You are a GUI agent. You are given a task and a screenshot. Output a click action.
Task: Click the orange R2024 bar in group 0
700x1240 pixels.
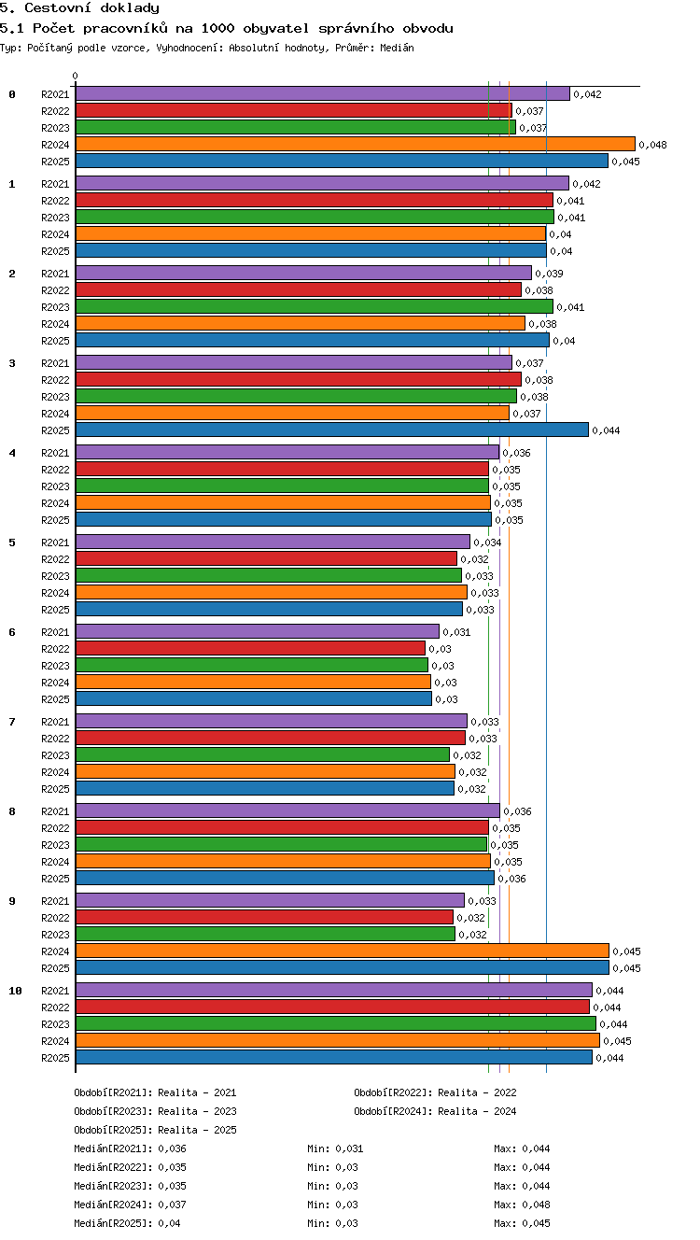[356, 145]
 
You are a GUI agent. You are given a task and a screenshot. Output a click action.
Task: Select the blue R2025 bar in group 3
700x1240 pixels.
[332, 430]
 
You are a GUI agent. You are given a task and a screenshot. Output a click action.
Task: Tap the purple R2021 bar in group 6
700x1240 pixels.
[258, 631]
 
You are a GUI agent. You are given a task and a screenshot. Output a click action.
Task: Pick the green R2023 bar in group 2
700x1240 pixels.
[315, 306]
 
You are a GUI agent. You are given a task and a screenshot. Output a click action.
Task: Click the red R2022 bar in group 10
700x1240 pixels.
[332, 1007]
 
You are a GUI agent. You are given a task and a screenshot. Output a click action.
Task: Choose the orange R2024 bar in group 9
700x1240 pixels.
[343, 951]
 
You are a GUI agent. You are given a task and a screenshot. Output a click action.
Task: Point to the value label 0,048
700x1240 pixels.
[653, 145]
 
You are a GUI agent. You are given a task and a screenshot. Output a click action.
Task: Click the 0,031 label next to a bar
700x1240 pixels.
[456, 632]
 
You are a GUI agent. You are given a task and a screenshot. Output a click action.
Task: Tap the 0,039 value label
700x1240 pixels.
[549, 274]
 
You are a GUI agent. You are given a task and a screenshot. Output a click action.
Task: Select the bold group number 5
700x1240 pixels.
[12, 542]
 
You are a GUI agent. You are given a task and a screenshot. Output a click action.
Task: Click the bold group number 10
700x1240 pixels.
[15, 991]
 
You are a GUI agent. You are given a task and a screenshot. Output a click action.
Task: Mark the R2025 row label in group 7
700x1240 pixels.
[55, 789]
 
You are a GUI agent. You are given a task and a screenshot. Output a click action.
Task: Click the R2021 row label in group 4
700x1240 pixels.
[55, 453]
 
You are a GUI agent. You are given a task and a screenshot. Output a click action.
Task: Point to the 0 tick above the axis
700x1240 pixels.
[76, 76]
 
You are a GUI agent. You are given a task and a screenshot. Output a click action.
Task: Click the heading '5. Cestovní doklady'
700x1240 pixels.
[79, 8]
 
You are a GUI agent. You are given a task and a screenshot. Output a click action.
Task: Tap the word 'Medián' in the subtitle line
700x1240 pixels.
[397, 48]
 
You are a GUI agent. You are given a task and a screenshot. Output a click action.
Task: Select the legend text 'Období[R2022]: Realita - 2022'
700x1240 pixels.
[435, 1092]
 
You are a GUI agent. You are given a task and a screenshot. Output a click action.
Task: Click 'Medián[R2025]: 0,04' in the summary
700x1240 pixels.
[127, 1223]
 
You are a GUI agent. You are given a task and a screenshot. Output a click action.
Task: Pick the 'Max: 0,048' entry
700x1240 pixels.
[522, 1204]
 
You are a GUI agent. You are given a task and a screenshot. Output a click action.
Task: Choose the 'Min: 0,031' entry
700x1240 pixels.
[335, 1148]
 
